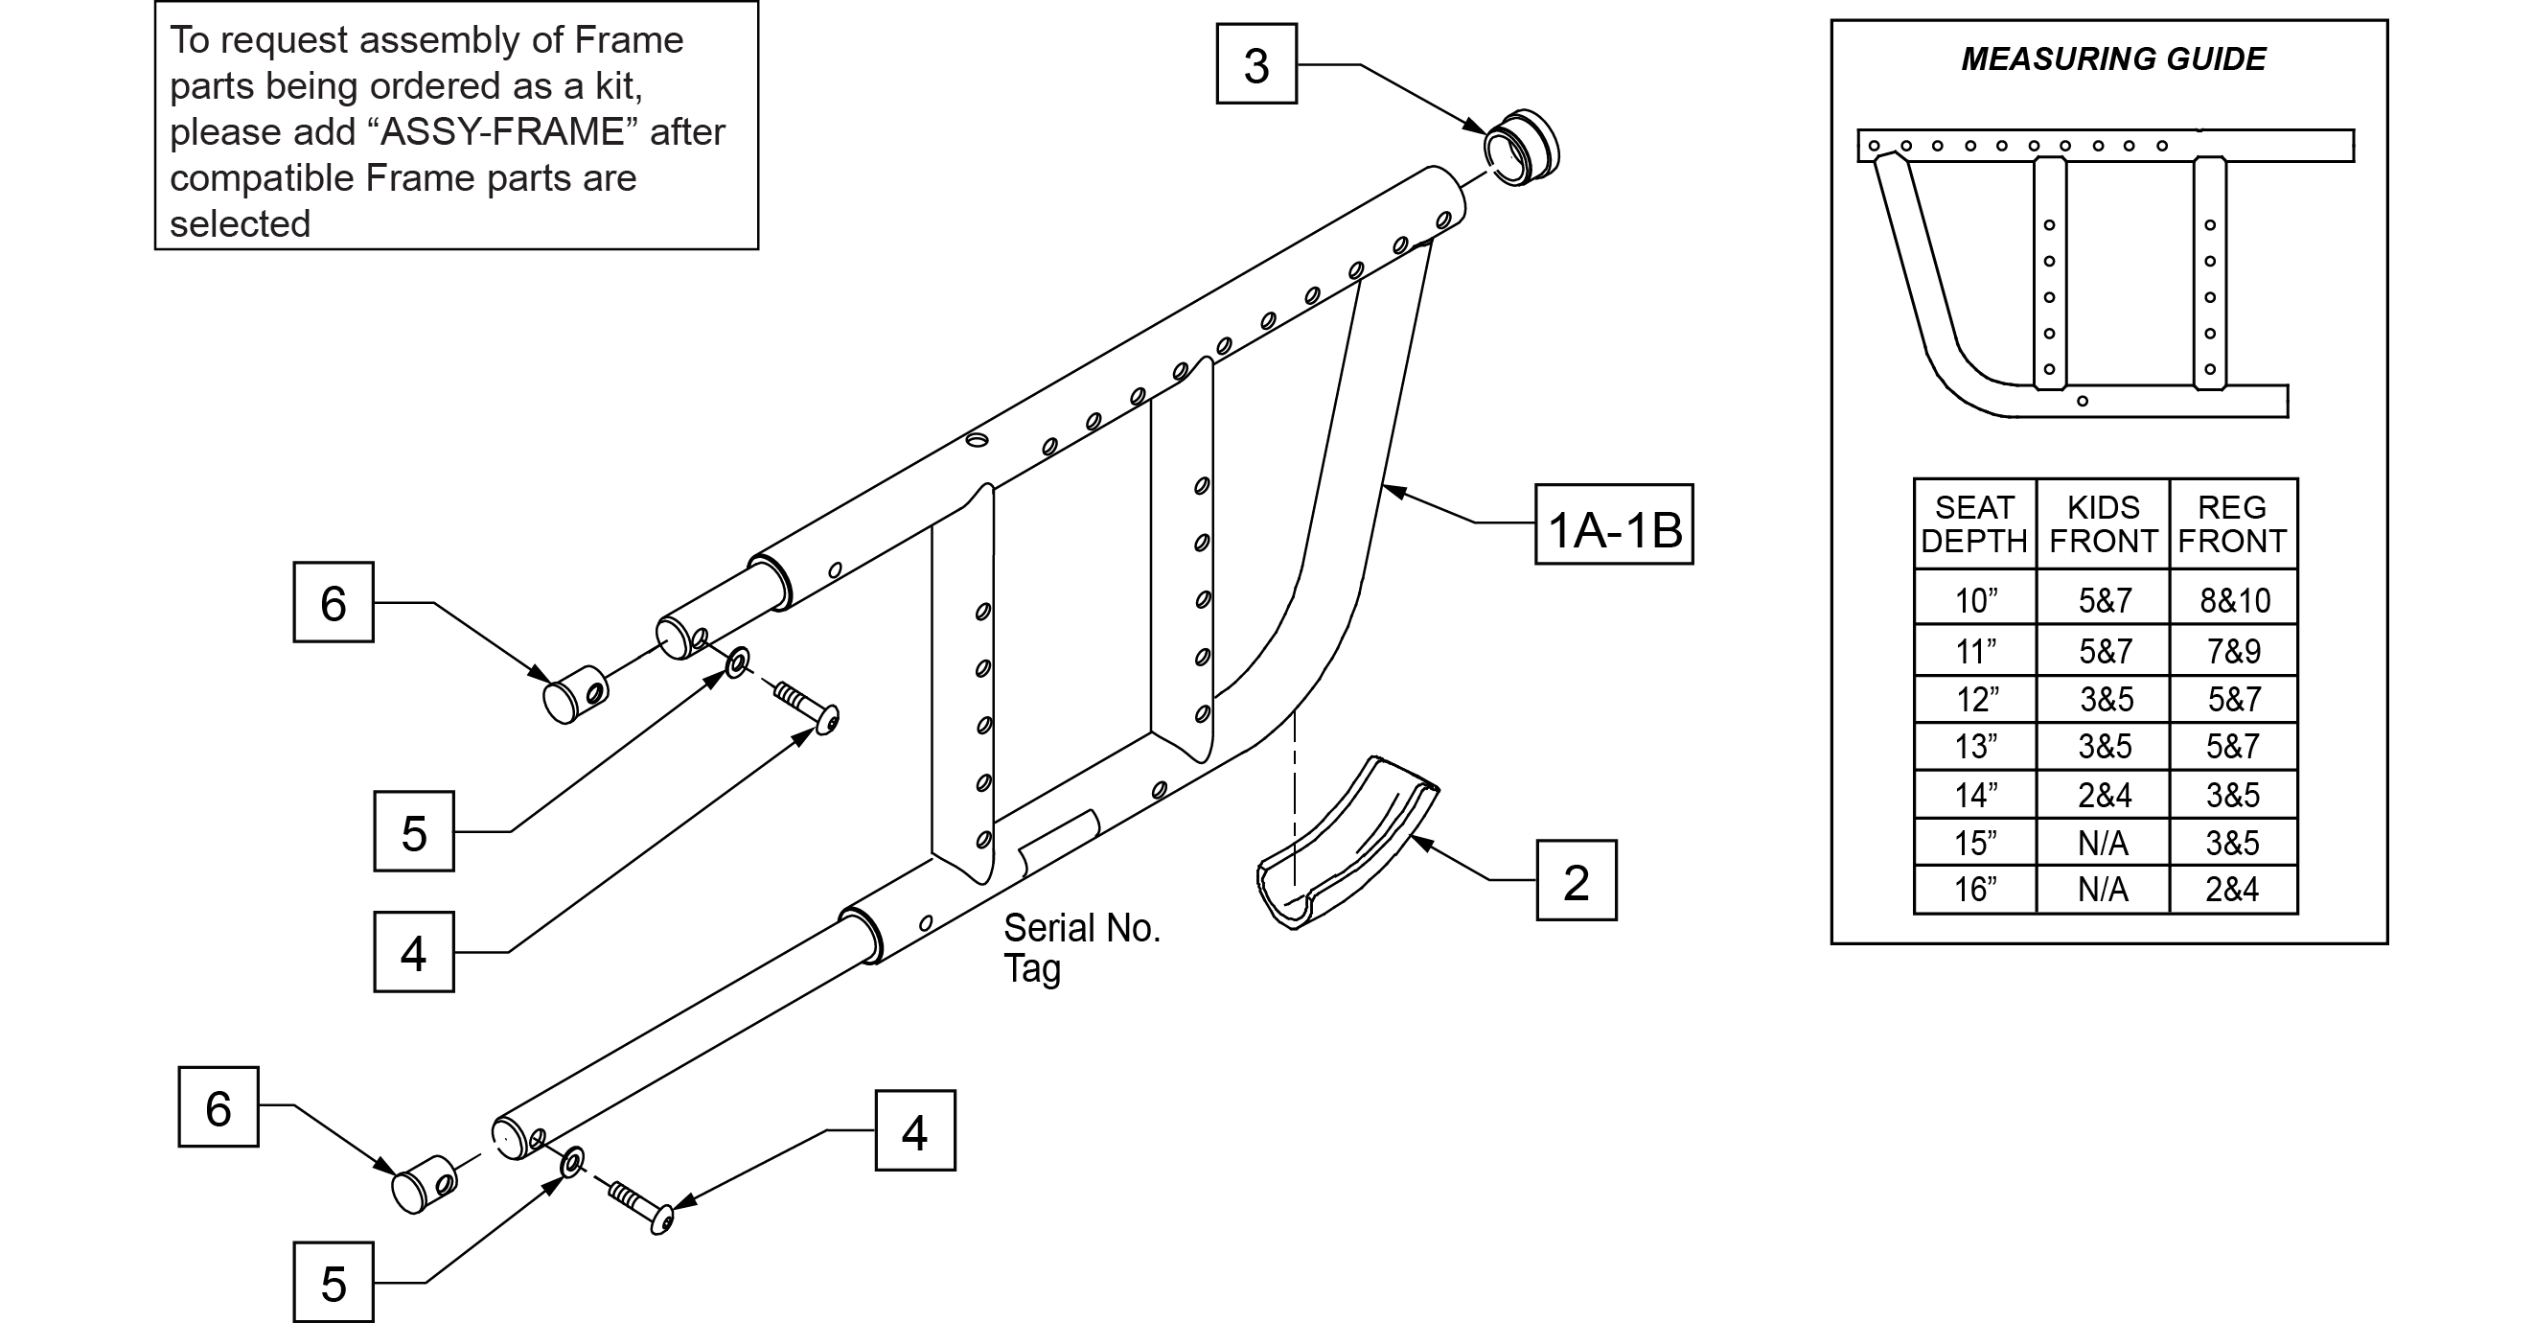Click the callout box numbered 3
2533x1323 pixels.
1255,65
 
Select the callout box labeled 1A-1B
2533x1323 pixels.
1614,524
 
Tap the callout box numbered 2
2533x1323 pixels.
1576,881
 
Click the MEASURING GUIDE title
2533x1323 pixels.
2113,59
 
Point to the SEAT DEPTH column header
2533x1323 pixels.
1973,524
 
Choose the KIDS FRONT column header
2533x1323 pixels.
2103,524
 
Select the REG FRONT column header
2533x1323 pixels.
2232,524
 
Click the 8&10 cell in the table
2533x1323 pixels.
2234,600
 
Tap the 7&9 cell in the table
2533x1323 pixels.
2234,651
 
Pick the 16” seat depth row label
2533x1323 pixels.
1974,890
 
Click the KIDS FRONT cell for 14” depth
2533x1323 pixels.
2105,795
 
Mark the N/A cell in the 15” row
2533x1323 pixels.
2103,843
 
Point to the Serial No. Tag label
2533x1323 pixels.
1081,947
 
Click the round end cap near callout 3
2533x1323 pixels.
1522,149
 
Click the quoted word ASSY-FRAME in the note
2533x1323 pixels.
502,131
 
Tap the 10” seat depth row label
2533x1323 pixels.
1974,600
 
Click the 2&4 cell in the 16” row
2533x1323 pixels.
2232,890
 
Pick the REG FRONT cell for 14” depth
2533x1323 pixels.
2232,795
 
